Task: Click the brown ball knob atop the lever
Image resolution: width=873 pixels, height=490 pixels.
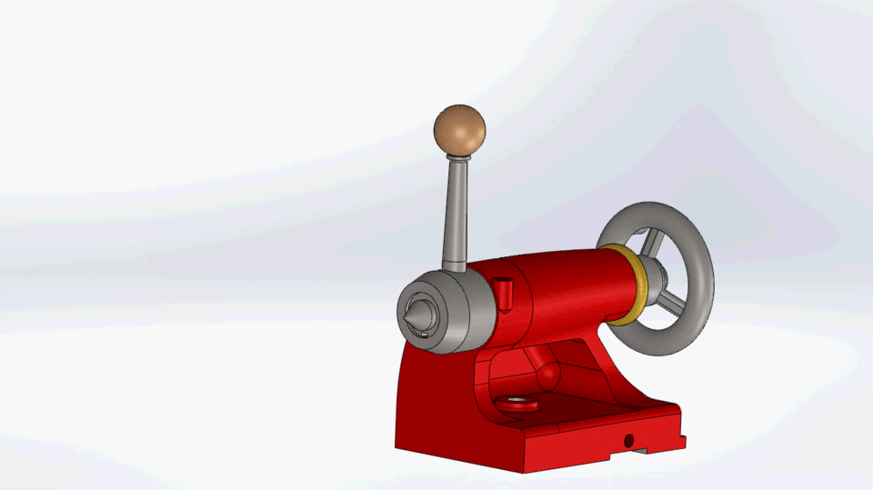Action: [459, 129]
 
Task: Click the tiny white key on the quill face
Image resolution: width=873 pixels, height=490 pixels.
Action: [425, 334]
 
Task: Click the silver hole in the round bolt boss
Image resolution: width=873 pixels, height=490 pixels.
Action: [517, 401]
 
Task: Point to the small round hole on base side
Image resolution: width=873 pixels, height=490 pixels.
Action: [627, 440]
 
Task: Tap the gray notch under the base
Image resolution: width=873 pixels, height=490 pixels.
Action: [642, 450]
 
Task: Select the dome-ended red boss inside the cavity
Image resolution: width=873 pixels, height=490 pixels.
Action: [547, 373]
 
